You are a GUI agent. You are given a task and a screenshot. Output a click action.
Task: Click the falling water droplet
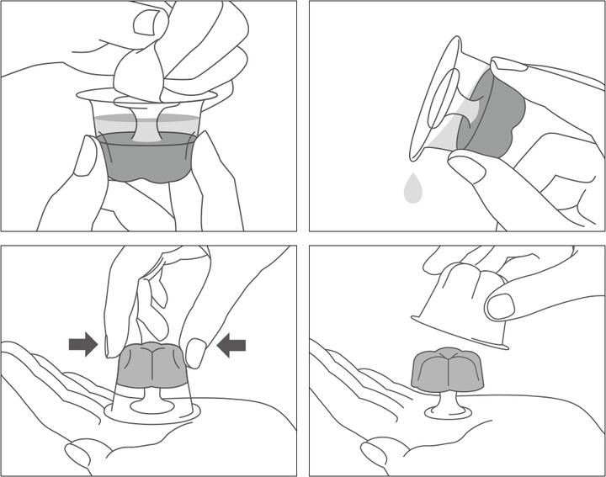tap(413, 189)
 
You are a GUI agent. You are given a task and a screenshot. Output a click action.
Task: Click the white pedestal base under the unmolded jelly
tap(447, 411)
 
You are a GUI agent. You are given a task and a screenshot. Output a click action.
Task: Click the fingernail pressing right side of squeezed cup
tap(195, 352)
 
